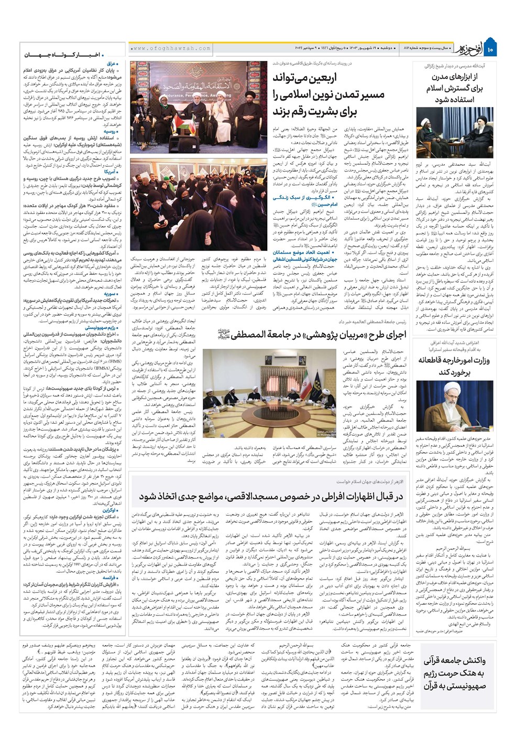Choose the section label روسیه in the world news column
111,132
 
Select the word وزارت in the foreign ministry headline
479,360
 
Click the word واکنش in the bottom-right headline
463,660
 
